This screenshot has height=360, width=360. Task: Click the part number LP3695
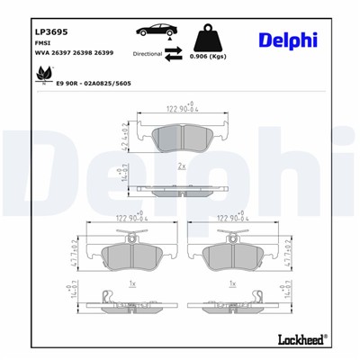click(x=24, y=30)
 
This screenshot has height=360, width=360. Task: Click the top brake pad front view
click(x=180, y=136)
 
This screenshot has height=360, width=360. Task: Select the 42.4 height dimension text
click(x=125, y=135)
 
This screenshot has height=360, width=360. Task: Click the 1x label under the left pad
click(x=131, y=284)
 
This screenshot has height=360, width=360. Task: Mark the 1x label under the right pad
click(x=232, y=284)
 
